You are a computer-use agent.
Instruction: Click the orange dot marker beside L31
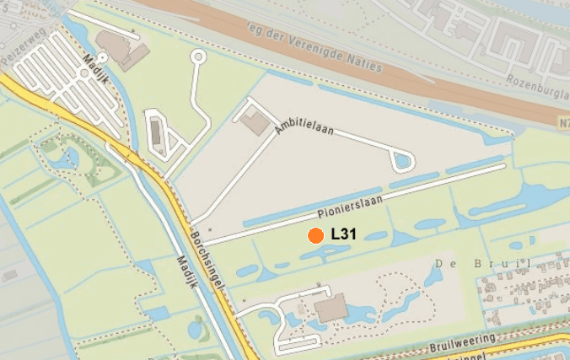click(315, 236)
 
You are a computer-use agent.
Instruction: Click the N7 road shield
click(562, 123)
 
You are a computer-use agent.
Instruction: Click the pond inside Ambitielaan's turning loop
click(403, 159)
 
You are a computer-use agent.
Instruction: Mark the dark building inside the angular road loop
click(157, 132)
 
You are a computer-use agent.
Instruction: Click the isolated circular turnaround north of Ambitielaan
click(198, 57)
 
